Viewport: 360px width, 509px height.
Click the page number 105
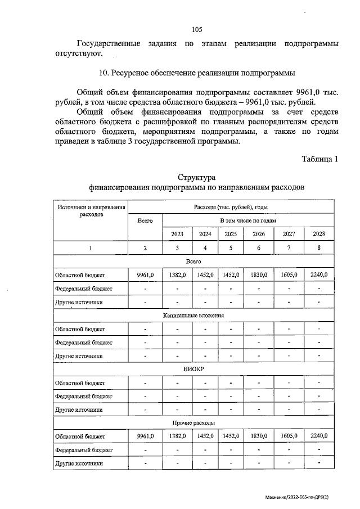click(x=196, y=30)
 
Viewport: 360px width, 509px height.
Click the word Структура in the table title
click(x=196, y=178)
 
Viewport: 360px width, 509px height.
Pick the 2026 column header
click(x=259, y=234)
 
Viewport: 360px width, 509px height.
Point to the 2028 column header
click(x=318, y=234)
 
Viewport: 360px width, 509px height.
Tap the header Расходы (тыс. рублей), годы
click(x=231, y=207)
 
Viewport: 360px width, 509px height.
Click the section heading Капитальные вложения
click(x=193, y=316)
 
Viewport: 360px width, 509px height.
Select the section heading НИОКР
click(x=193, y=370)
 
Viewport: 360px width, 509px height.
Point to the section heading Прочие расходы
click(x=193, y=422)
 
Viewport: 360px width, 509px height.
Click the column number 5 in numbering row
click(x=231, y=248)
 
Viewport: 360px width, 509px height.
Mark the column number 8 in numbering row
click(x=318, y=248)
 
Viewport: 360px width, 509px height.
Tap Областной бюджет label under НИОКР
click(x=80, y=383)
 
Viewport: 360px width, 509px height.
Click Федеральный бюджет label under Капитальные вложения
click(x=83, y=343)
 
